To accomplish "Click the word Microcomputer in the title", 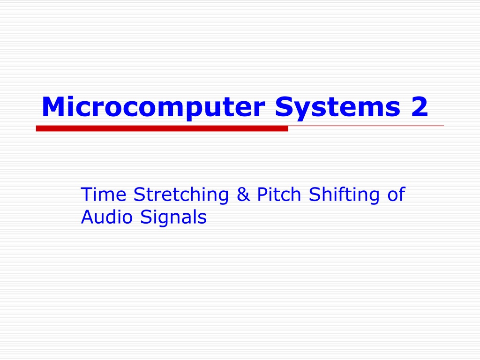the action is click(x=153, y=108).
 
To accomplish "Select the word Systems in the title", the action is click(x=337, y=108).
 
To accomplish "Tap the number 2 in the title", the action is click(x=420, y=106).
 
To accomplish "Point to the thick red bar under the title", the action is click(x=162, y=128).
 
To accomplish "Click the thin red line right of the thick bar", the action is click(x=366, y=126).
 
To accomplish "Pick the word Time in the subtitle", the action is click(x=104, y=194).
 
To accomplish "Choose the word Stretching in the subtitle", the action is click(x=181, y=195).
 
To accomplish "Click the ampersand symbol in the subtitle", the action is click(x=243, y=194).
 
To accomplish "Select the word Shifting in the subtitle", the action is click(x=344, y=195).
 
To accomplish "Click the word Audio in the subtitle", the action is click(x=107, y=217).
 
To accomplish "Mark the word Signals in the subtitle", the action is click(x=173, y=218).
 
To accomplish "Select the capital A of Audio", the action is click(x=88, y=217).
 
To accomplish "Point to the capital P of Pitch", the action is click(x=262, y=194).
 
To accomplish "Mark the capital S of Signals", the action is click(x=146, y=217).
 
